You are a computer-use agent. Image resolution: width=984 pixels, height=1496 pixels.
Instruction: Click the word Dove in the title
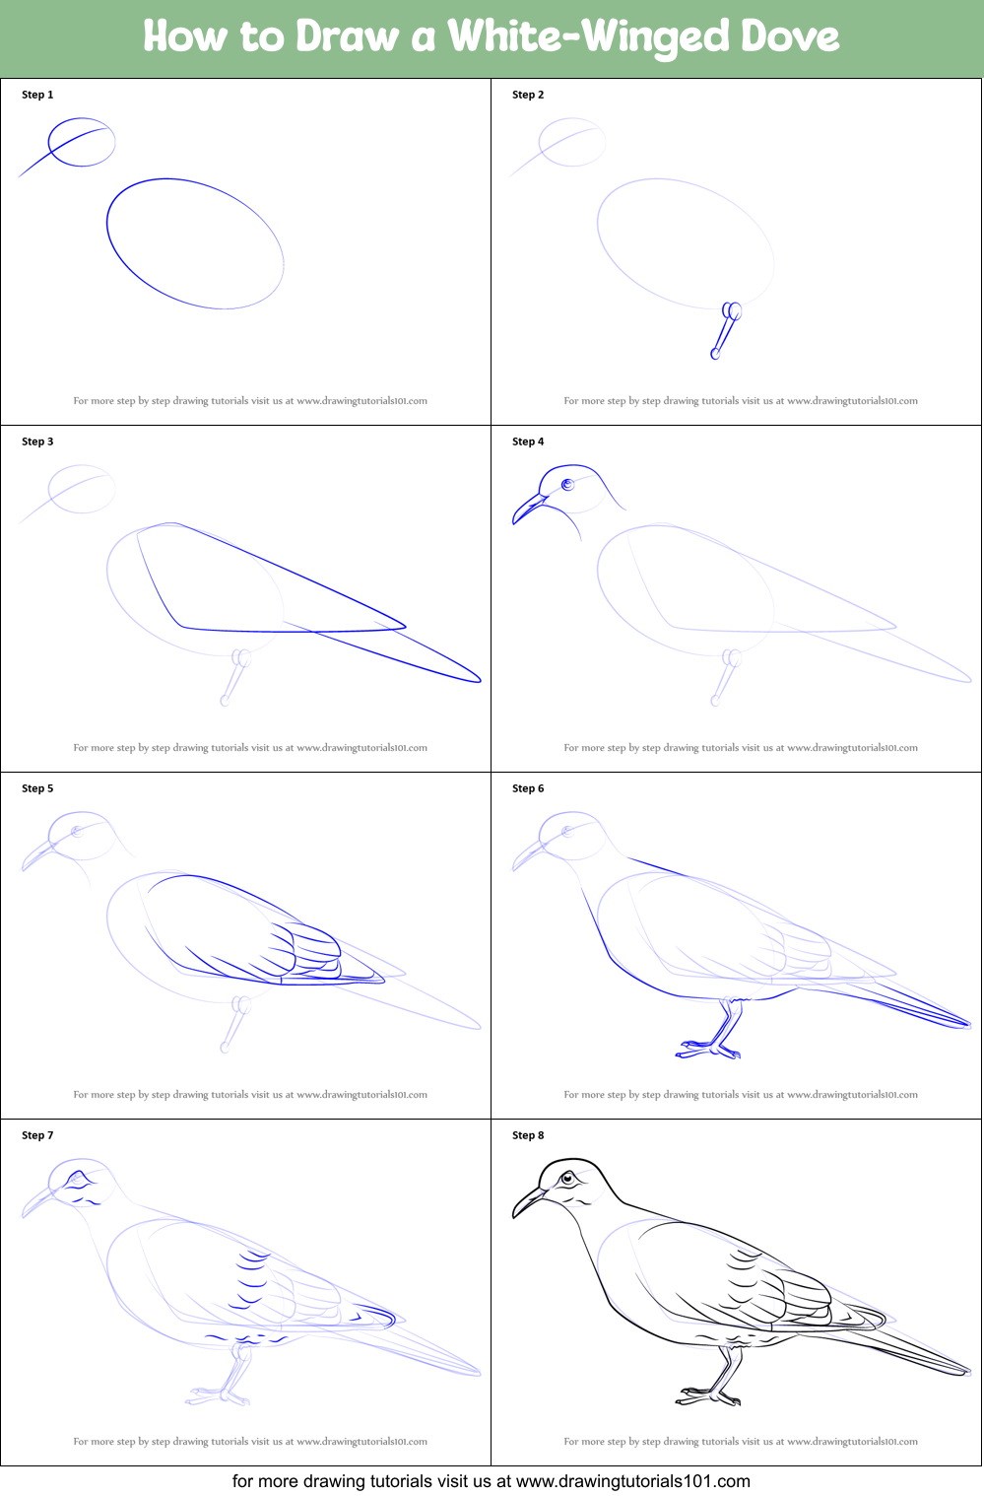(x=789, y=36)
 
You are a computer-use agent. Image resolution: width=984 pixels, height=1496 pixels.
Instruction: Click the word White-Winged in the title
(x=588, y=37)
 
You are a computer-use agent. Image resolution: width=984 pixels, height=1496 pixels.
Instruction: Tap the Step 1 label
(x=37, y=95)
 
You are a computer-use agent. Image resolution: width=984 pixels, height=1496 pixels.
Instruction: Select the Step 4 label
(x=528, y=442)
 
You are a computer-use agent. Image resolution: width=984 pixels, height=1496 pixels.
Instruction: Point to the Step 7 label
(x=37, y=1135)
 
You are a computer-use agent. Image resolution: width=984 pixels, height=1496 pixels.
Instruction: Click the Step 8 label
(x=528, y=1135)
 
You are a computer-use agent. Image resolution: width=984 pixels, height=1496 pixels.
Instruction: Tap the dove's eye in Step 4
(x=567, y=484)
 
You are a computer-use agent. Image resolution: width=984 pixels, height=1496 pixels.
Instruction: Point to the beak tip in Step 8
(x=515, y=1215)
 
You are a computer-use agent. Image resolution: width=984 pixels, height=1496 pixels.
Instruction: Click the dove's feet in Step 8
(x=707, y=1395)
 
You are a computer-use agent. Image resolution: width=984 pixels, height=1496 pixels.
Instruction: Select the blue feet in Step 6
(x=707, y=1050)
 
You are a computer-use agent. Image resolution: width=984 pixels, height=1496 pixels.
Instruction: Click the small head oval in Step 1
(x=82, y=142)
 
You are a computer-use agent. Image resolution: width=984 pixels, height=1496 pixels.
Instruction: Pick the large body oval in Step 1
(x=195, y=243)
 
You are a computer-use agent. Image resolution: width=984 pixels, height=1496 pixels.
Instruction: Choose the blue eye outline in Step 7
(x=77, y=1179)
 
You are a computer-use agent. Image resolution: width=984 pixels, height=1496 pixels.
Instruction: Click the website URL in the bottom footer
(x=632, y=1481)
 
